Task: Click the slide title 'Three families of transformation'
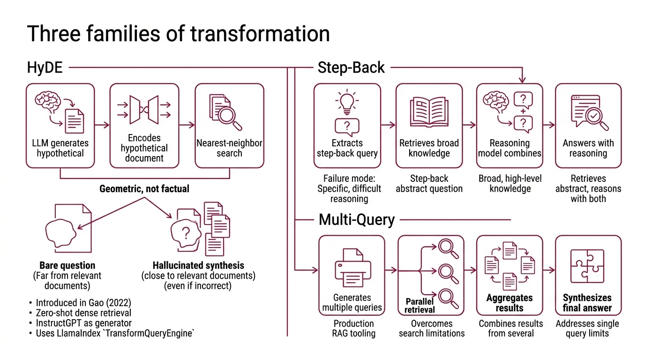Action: [x=178, y=34]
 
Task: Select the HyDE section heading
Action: [x=45, y=68]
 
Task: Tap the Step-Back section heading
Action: [x=351, y=68]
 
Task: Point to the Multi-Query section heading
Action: [x=357, y=219]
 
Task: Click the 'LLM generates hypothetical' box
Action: [x=60, y=126]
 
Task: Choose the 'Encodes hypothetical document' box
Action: [x=144, y=126]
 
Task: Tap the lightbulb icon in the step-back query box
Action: [x=347, y=103]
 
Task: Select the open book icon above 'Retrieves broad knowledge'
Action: [x=429, y=112]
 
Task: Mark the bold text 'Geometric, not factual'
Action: [x=144, y=189]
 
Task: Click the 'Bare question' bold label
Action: [x=67, y=265]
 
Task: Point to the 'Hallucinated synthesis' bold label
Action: [x=198, y=265]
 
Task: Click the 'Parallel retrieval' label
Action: [x=420, y=305]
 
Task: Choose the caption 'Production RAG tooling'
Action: [x=353, y=328]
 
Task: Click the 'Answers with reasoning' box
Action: [x=588, y=126]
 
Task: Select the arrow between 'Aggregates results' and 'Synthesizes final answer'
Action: [x=549, y=270]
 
